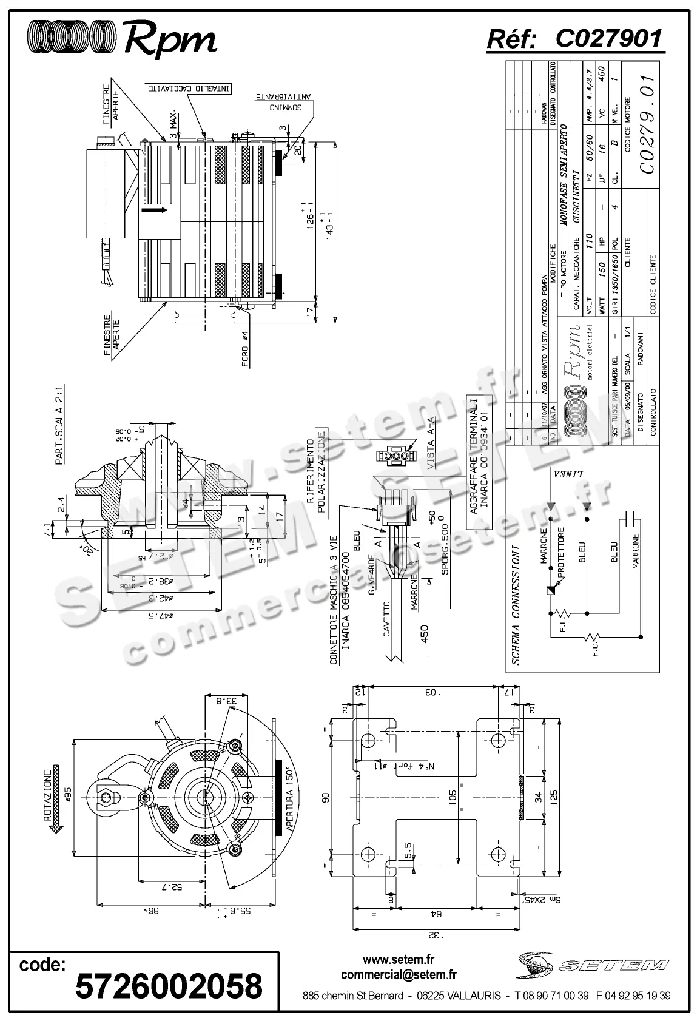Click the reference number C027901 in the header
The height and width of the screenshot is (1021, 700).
click(x=608, y=39)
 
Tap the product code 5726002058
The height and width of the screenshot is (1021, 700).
click(x=169, y=985)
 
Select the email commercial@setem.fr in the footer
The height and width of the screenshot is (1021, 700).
click(x=399, y=975)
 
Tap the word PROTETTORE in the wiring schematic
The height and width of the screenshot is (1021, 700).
click(x=561, y=553)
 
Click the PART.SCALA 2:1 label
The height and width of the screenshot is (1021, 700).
click(x=59, y=426)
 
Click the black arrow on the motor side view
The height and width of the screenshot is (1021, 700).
click(x=155, y=210)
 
